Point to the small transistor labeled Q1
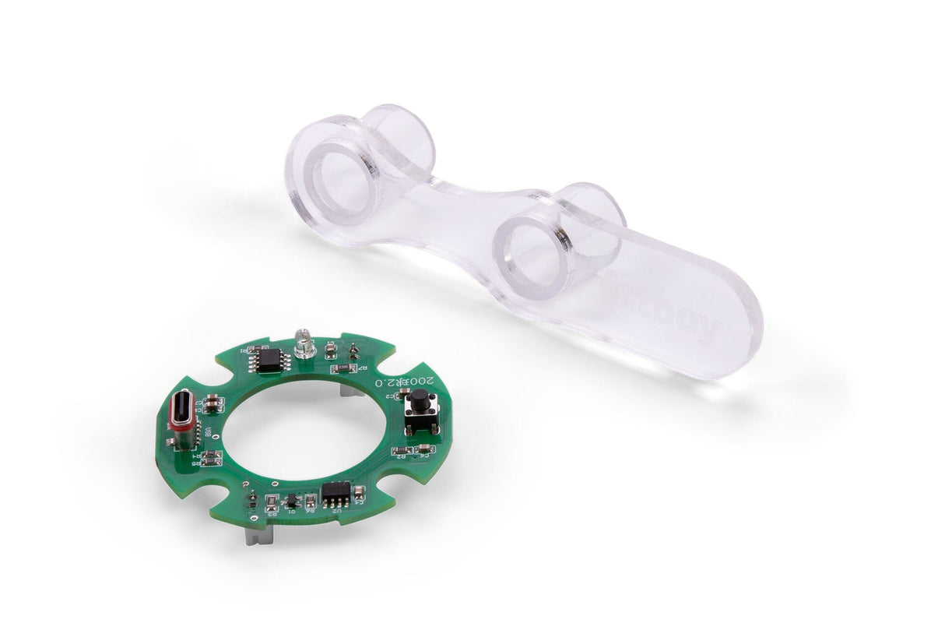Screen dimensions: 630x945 (291, 500)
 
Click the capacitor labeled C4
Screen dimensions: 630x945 (424, 449)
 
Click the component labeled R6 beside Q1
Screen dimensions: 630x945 (309, 502)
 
